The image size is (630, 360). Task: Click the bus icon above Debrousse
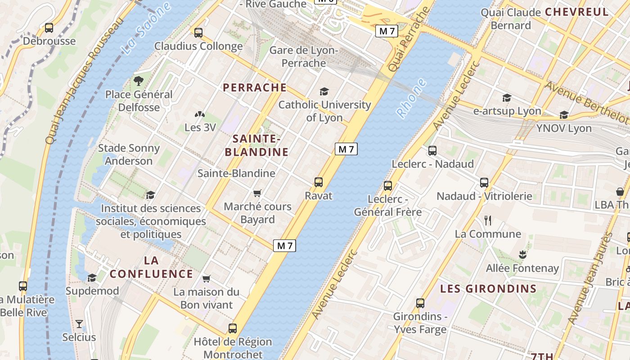49,28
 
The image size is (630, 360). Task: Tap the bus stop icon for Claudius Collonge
198,33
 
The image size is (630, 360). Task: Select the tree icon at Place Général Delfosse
139,81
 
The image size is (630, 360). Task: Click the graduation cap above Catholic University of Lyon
324,92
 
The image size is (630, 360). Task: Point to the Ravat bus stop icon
319,182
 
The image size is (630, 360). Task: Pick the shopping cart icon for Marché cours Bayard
257,193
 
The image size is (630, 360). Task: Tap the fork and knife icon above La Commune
488,220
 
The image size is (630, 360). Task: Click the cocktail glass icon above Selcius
79,324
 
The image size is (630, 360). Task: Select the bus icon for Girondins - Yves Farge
420,303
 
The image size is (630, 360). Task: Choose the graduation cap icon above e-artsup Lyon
507,98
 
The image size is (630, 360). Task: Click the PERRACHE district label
255,88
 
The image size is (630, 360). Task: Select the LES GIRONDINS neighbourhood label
488,289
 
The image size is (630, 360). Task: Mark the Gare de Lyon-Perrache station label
304,57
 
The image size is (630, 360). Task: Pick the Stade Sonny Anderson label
129,154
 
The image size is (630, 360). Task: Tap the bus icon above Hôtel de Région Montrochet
233,328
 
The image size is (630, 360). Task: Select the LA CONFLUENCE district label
151,267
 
